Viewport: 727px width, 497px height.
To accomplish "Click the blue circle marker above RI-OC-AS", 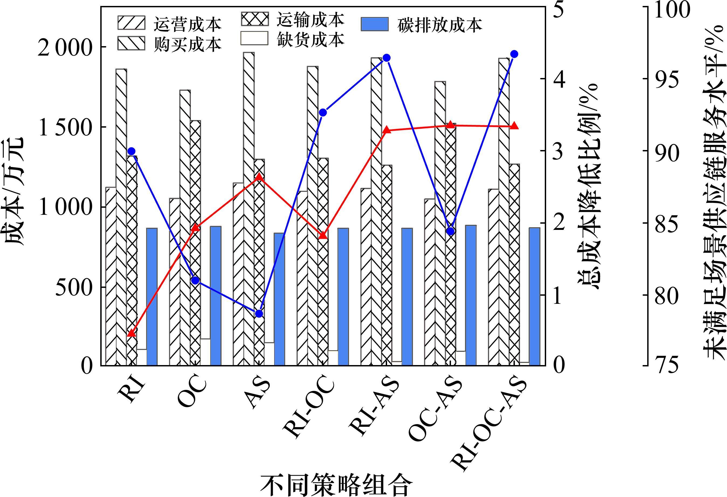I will [514, 54].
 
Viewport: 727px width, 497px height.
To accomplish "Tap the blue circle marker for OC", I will [195, 280].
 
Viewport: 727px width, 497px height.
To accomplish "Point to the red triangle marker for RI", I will [131, 333].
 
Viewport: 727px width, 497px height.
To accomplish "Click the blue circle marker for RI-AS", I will [387, 58].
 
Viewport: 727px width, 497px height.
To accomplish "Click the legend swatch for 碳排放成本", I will [374, 25].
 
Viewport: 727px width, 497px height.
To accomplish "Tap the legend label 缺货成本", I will [310, 40].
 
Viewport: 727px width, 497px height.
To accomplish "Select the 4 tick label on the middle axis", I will [559, 79].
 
